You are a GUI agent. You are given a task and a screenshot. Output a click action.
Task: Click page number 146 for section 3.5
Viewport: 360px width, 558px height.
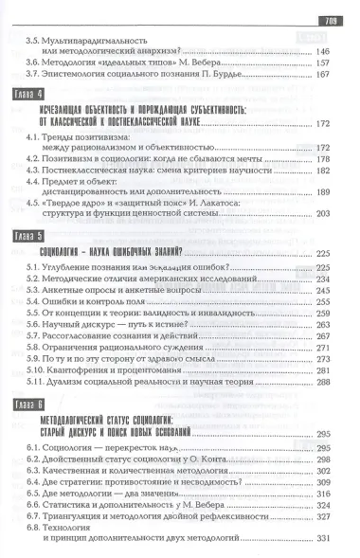pyautogui.click(x=324, y=50)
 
